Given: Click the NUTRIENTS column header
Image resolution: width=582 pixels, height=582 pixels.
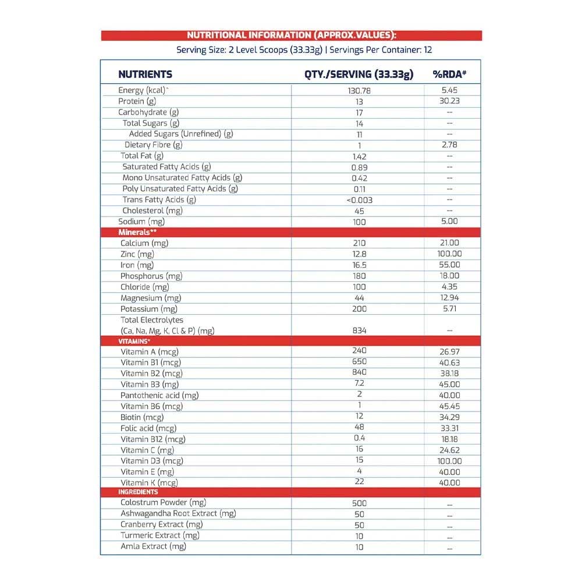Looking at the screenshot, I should click(x=145, y=74).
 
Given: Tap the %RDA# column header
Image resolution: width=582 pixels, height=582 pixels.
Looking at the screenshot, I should click(x=449, y=74).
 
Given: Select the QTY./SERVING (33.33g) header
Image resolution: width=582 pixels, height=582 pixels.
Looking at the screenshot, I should click(x=359, y=74).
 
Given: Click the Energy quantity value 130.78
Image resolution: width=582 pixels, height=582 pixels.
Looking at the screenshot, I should click(x=359, y=91).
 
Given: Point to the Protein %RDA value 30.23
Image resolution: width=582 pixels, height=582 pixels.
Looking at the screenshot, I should click(x=449, y=101).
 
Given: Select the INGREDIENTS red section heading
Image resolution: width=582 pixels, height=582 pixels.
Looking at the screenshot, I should click(x=138, y=492).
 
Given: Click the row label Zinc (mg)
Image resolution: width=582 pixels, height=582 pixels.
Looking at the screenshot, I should click(x=137, y=254).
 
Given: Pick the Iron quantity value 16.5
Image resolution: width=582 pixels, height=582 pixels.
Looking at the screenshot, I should click(x=359, y=265).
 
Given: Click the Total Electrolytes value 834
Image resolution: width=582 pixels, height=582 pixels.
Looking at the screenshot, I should click(x=359, y=331).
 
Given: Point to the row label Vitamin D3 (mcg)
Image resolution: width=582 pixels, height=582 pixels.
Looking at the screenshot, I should click(x=152, y=461).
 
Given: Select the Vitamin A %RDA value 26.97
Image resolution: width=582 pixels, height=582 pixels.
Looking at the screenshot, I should click(x=449, y=352).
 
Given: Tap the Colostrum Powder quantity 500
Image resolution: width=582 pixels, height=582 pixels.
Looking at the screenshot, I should click(x=359, y=503).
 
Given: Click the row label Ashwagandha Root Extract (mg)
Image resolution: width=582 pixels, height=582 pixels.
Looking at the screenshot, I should click(x=178, y=514).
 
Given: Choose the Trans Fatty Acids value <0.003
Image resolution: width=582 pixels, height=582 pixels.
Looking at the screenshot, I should click(x=359, y=200).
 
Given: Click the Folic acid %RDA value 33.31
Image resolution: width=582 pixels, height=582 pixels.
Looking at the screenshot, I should click(x=449, y=428).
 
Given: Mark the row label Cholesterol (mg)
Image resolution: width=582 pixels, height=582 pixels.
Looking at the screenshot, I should click(x=152, y=211).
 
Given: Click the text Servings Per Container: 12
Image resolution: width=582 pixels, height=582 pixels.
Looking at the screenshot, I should click(x=381, y=50).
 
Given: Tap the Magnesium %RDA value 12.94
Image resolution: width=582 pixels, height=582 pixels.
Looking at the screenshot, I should click(x=449, y=298).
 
